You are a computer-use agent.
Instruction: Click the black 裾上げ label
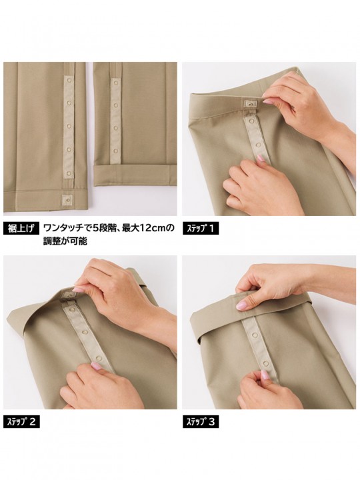21,229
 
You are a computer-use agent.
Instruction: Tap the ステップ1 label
201,229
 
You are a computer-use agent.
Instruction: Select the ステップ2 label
21,422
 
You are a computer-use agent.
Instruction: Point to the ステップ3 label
201,422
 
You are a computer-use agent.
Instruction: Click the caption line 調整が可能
65,241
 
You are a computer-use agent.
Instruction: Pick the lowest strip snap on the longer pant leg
69,173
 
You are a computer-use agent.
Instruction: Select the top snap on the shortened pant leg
115,83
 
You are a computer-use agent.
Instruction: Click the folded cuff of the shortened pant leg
135,175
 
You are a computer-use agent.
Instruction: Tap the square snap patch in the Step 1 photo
251,105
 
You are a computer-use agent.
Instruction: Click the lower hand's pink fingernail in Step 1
261,158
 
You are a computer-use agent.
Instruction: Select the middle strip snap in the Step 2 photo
83,332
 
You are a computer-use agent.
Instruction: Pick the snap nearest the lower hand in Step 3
266,364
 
